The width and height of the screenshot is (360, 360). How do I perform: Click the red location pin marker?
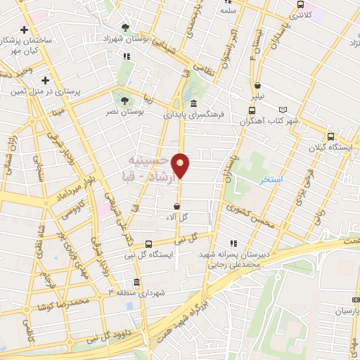181,165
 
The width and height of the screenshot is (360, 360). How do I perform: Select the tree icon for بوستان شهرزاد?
125,27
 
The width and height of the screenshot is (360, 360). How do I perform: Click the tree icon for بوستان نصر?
124,101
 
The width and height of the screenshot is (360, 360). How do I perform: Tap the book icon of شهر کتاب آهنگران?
283,110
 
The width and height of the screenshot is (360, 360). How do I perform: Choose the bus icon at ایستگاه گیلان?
331,138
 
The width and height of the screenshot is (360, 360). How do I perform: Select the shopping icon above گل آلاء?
176,206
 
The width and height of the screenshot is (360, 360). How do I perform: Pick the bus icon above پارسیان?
355,298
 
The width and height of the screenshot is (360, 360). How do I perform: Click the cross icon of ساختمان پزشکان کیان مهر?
25,30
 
